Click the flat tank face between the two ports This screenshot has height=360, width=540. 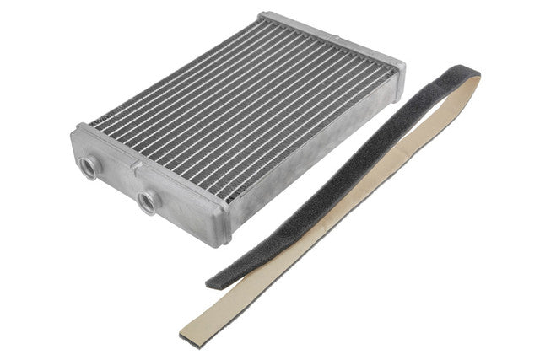118,181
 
